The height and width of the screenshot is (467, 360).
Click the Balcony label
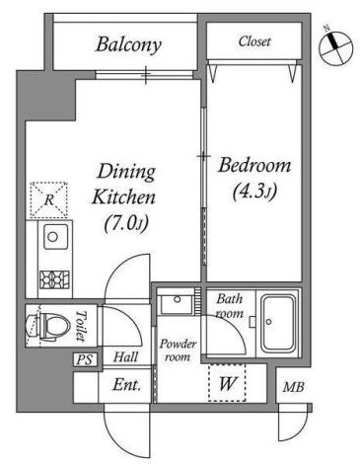pos(128,44)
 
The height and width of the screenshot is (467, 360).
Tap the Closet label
pos(254,41)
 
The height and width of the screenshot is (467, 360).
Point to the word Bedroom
pos(254,165)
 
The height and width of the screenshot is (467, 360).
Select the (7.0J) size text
pos(126,225)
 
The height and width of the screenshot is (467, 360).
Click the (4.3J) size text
pos(254,192)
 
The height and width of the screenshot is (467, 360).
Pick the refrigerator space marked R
pos(48,199)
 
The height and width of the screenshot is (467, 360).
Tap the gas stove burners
pos(54,279)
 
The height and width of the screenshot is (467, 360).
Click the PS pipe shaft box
pos(85,359)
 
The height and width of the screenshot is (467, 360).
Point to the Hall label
pos(125,357)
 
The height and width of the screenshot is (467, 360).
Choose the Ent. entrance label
pos(126,385)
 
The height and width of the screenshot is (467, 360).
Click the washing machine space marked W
pos(228,383)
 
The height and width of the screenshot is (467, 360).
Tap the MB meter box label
pos(294,387)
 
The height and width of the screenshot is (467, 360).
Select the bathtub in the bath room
pos(278,323)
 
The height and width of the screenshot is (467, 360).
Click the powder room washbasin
pos(177,304)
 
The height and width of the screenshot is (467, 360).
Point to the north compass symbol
pos(336,47)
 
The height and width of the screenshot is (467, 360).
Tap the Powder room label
pos(178,350)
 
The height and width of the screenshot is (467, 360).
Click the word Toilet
pos(80,326)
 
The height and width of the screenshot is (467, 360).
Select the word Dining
pos(126,172)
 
